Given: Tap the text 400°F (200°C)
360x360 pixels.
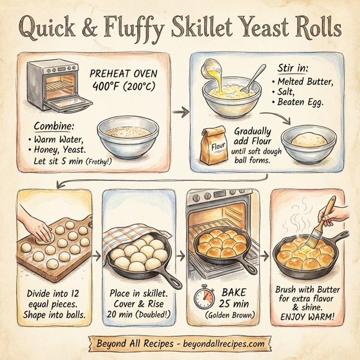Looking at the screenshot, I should [124, 86].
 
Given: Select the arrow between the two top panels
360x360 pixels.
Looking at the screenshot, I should [178, 112].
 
